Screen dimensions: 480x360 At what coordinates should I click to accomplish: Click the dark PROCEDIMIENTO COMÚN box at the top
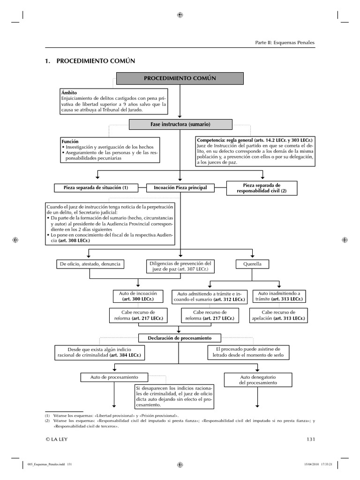point(180,78)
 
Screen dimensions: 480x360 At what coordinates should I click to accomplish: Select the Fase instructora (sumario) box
point(180,124)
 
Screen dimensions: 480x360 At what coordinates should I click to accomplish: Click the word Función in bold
point(70,141)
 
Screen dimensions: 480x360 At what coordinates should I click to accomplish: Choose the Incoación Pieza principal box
point(180,187)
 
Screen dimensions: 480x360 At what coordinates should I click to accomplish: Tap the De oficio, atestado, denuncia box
point(90,264)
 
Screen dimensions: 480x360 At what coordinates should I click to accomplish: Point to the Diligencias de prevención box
point(180,267)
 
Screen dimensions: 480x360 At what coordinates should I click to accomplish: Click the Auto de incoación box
point(137,296)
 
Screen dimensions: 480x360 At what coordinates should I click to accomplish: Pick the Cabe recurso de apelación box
point(278,315)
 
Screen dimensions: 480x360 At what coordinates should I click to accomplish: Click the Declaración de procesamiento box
point(180,337)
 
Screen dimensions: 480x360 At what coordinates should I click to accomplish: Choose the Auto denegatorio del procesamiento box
point(258,380)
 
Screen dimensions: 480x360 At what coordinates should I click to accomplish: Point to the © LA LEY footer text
point(58,439)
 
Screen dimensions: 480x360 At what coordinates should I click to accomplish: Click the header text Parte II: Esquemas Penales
point(285,43)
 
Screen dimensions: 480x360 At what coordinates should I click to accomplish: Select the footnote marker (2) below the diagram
point(47,421)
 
